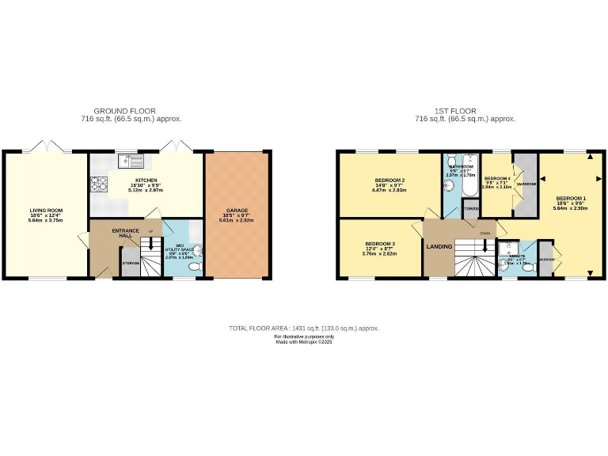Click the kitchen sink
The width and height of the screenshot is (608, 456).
point(132,162)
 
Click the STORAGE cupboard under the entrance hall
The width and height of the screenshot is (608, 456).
point(131,262)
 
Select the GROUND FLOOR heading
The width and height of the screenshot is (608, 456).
point(125,111)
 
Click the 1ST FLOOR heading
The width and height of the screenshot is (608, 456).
point(454,111)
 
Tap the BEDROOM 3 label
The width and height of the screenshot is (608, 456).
point(380,244)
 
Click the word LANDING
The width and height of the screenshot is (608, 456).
point(439,246)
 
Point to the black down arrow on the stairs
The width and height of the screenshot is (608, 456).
point(484,249)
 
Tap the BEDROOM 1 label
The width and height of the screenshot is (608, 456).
point(571,197)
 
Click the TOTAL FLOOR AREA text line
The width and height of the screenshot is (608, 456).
point(303,328)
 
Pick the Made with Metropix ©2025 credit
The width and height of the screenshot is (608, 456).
point(303,342)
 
